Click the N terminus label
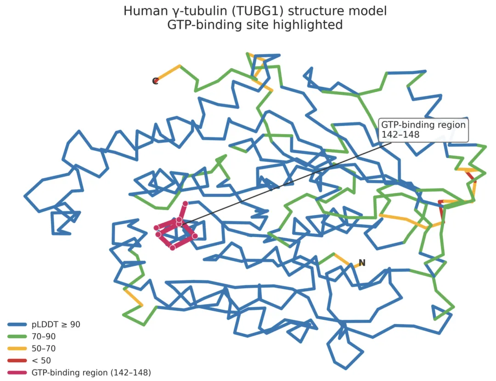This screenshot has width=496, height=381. [362, 263]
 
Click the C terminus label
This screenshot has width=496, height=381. [155, 81]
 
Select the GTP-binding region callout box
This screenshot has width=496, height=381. [423, 130]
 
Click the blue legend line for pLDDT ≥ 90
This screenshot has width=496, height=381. [18, 324]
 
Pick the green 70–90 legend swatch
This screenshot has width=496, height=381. [18, 336]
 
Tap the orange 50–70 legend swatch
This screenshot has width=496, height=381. [18, 348]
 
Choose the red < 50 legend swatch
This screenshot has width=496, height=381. [18, 361]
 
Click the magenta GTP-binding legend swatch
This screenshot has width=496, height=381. [18, 373]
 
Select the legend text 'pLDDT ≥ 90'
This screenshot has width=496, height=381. [56, 324]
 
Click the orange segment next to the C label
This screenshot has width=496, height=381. [169, 72]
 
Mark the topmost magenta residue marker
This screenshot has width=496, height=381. [185, 204]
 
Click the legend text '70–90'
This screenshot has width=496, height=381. [44, 336]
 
